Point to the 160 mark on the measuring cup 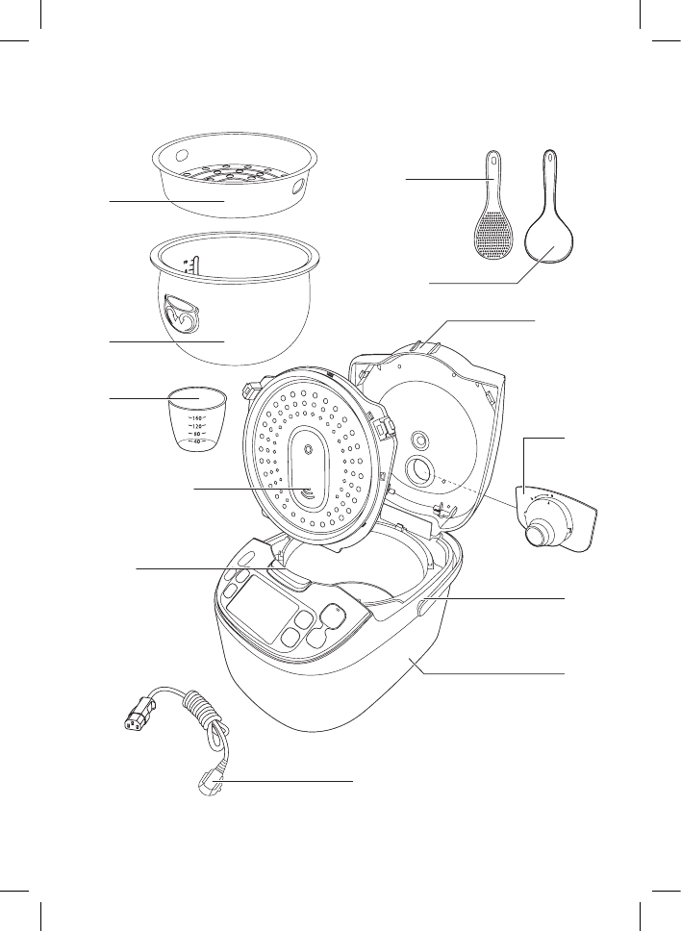[194, 418]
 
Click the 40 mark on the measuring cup [194, 441]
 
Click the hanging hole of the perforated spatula [494, 160]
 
